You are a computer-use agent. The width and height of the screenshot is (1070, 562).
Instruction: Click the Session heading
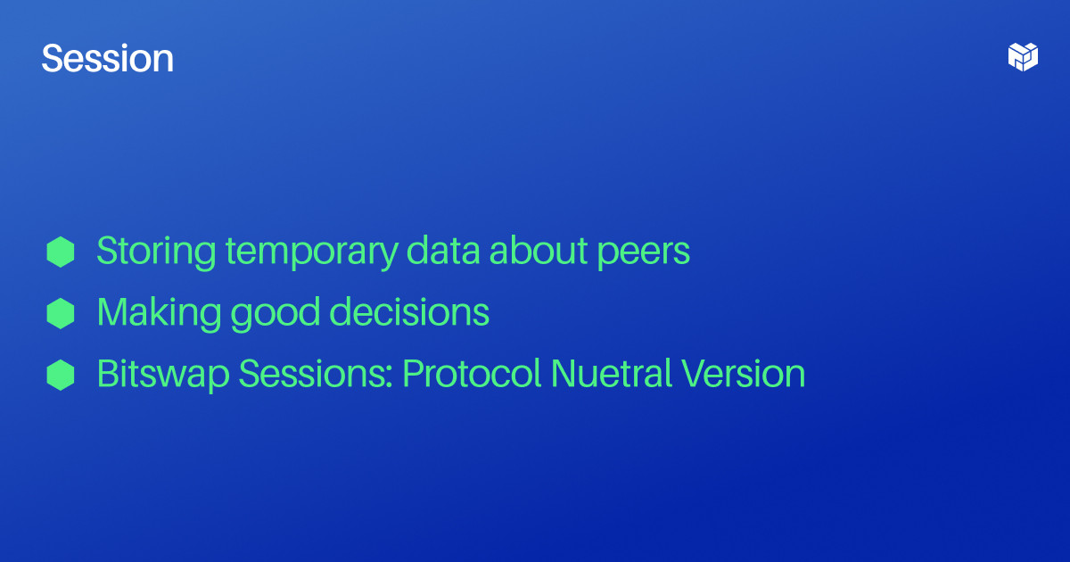tap(108, 58)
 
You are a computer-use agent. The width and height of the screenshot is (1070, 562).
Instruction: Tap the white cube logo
tap(1023, 57)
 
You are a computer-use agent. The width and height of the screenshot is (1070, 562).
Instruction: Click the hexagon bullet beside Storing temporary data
tap(61, 252)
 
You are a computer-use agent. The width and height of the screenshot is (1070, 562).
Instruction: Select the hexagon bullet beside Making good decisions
tap(61, 313)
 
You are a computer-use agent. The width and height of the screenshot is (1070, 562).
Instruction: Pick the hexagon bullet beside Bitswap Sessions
tap(61, 376)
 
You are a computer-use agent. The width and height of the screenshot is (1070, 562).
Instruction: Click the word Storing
tap(156, 252)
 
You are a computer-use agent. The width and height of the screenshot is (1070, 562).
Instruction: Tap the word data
tap(443, 251)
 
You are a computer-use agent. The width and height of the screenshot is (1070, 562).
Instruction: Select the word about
tap(539, 251)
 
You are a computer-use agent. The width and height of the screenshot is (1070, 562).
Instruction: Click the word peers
tap(644, 253)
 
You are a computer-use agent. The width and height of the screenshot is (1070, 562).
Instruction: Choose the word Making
tap(159, 313)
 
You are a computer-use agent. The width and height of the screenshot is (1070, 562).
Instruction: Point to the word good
tap(275, 314)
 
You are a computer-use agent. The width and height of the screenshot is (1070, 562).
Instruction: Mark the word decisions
tap(409, 312)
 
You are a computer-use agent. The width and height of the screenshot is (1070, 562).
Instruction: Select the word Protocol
tap(472, 374)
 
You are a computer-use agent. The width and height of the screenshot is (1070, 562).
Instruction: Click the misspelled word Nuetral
tap(611, 374)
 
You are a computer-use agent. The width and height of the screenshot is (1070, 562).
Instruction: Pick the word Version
tap(744, 374)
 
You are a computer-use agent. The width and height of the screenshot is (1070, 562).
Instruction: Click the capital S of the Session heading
tap(53, 58)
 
